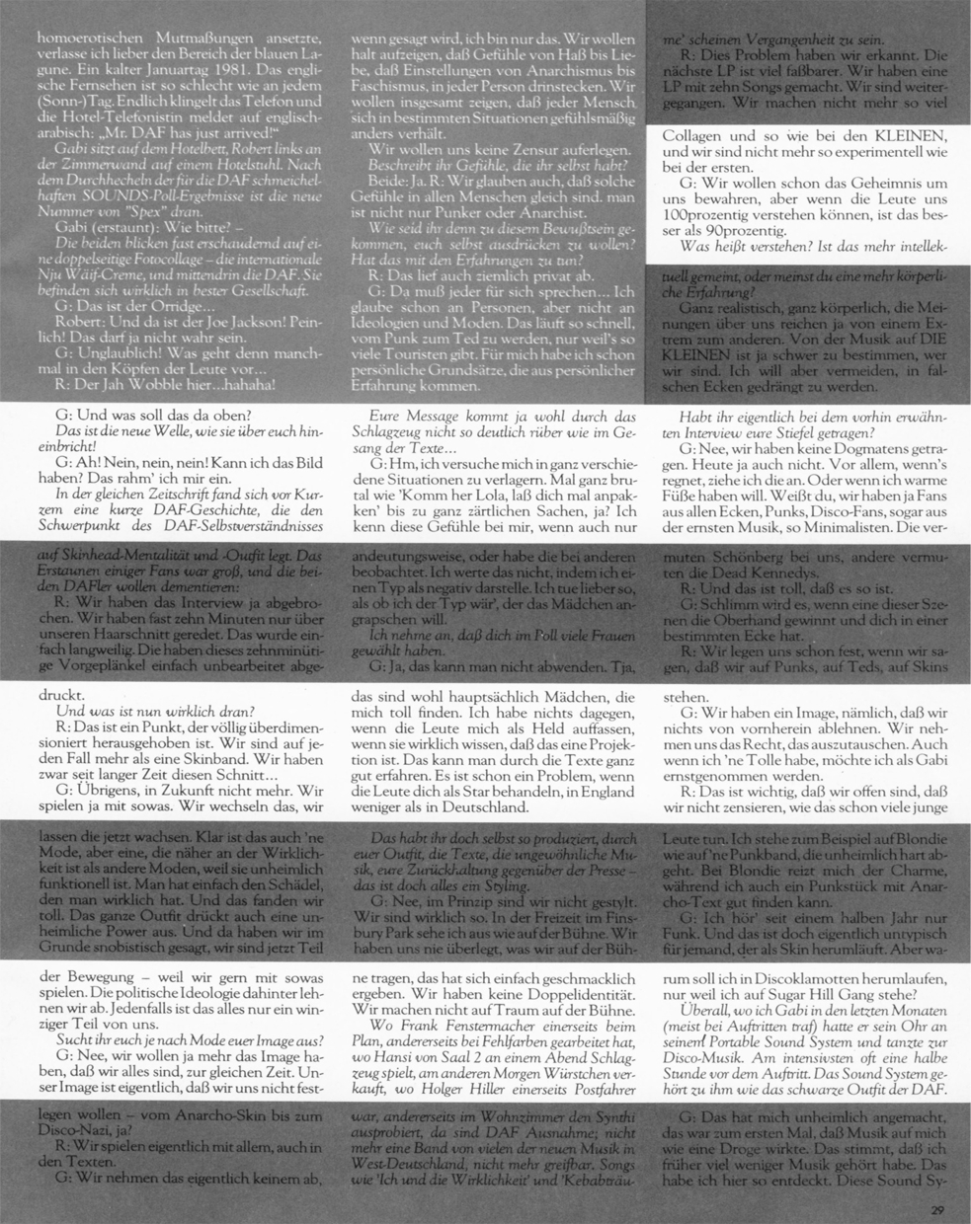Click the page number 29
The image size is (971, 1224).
[x=938, y=1209]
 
